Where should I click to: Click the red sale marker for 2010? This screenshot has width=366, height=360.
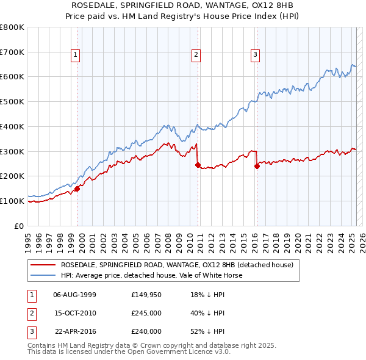click(198, 165)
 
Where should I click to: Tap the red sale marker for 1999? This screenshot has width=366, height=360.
click(77, 189)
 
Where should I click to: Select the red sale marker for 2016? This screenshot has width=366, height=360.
click(257, 165)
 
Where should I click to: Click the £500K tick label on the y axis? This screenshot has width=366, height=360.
click(12, 102)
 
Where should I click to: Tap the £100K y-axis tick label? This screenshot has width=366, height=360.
click(12, 201)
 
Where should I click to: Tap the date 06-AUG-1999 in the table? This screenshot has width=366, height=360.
click(75, 295)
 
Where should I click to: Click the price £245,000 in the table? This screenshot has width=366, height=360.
click(146, 313)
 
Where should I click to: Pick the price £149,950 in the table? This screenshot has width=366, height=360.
click(146, 295)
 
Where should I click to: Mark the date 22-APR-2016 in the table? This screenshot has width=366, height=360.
click(75, 331)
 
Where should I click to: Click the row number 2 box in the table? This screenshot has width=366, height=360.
click(31, 313)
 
